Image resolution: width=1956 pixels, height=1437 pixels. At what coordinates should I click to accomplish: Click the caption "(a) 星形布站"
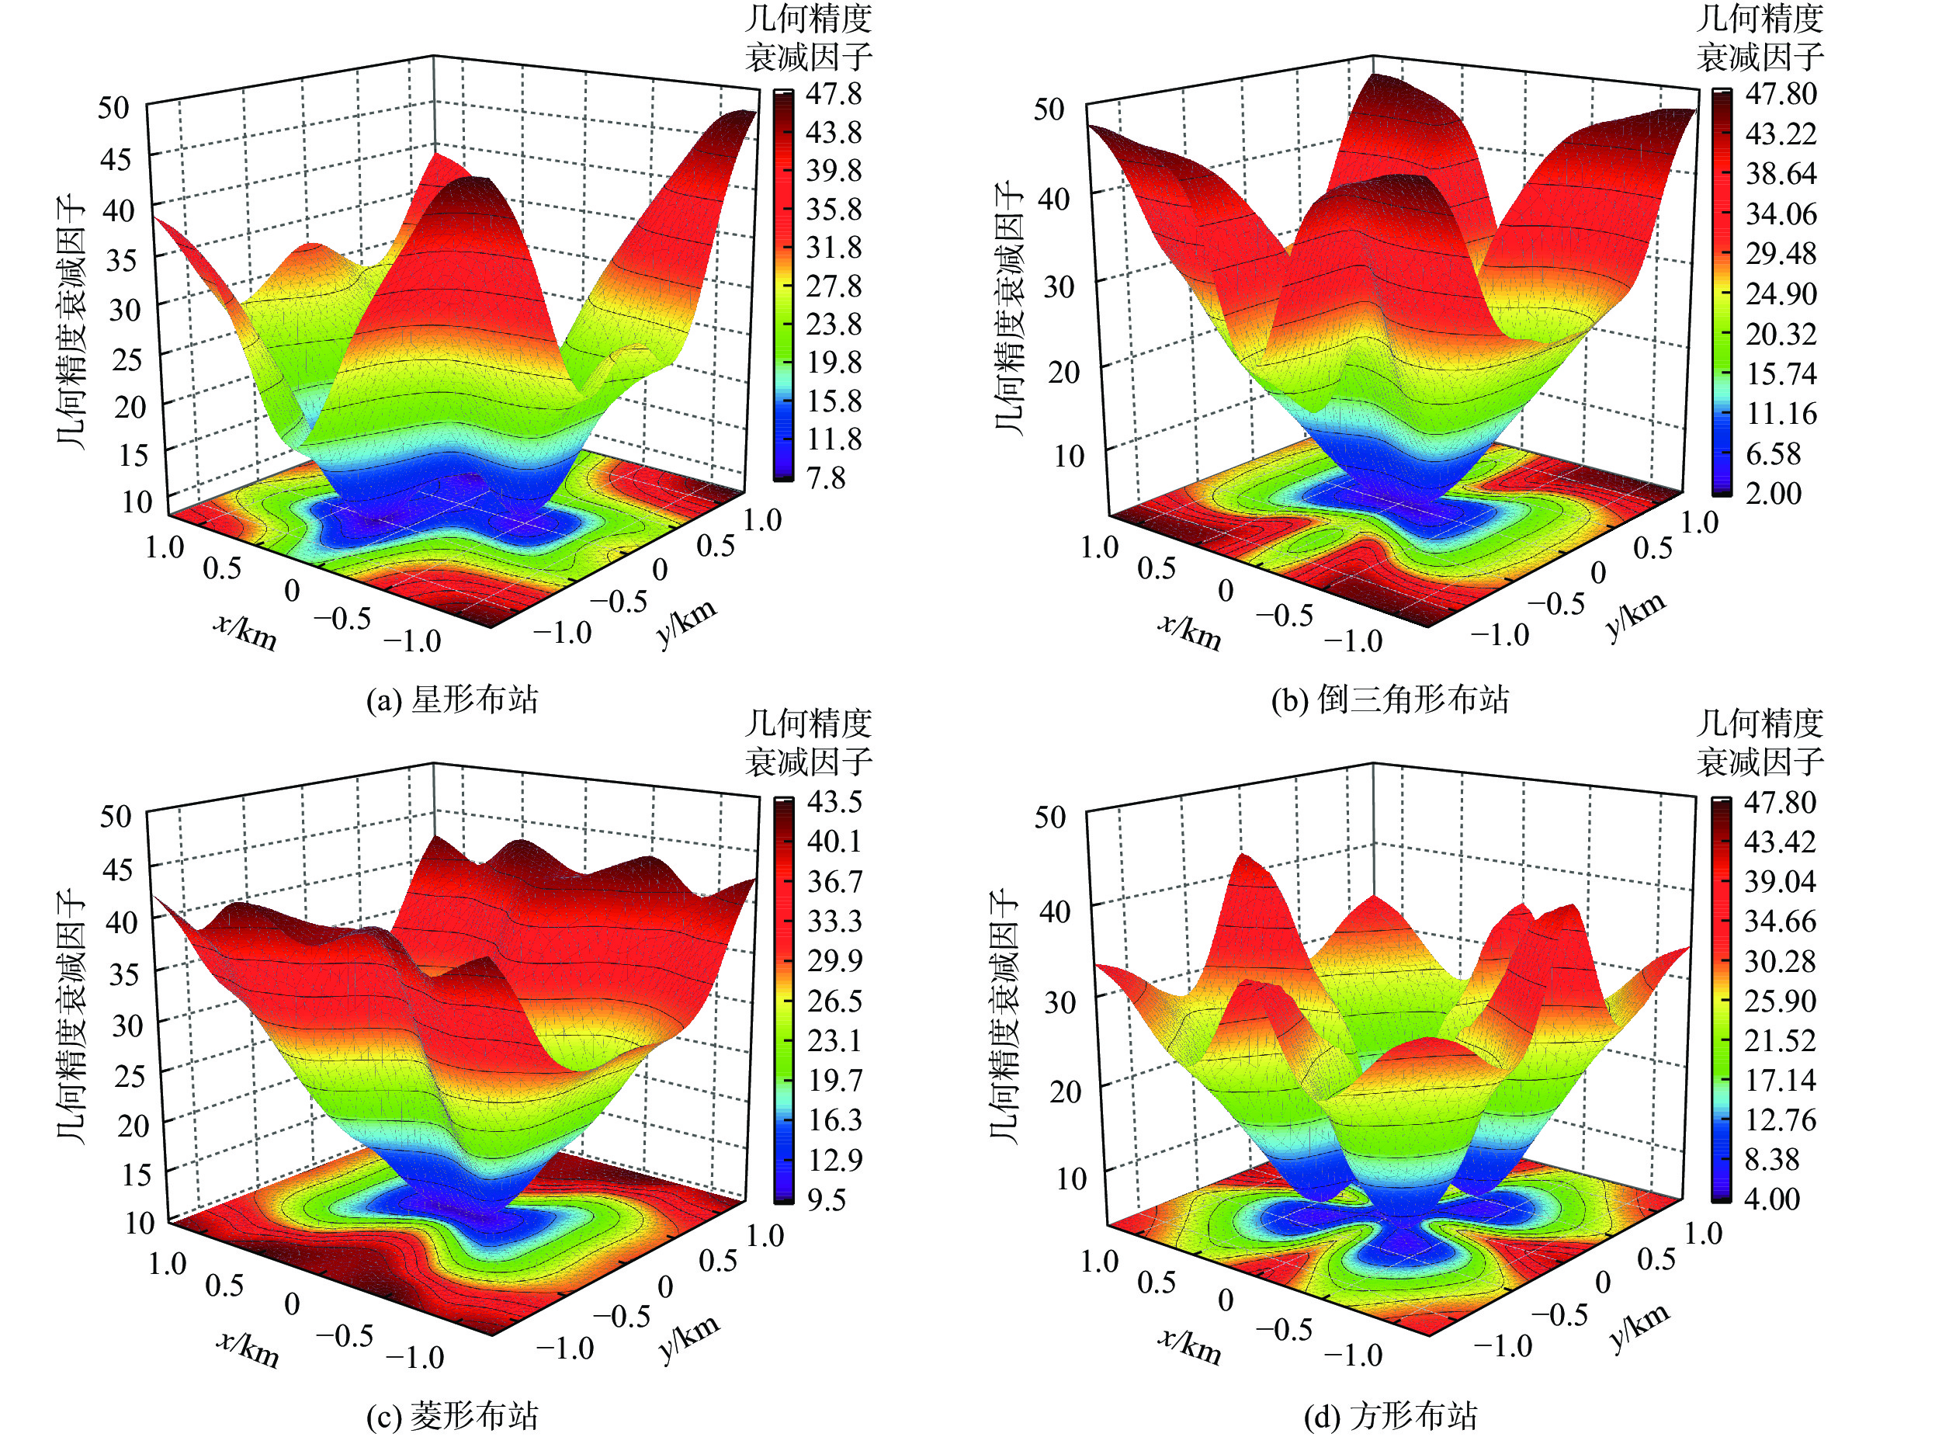(453, 699)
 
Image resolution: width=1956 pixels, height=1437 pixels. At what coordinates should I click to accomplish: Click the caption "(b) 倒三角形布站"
(1390, 699)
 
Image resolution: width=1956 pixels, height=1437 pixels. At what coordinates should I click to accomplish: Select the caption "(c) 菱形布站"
(453, 1416)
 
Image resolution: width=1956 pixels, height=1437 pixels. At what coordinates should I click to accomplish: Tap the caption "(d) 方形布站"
(1390, 1416)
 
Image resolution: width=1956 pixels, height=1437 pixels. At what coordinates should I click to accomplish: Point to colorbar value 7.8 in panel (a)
(825, 477)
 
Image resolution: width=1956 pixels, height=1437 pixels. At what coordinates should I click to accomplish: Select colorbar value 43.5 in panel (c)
(835, 801)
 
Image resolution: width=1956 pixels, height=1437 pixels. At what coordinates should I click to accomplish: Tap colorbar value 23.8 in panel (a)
(833, 325)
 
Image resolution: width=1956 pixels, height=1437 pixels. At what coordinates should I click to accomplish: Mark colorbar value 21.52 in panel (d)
(1780, 1040)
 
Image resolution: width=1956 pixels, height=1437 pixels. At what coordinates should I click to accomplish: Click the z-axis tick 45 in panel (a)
(115, 160)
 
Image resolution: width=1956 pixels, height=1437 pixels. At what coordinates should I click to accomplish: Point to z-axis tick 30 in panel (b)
(1058, 286)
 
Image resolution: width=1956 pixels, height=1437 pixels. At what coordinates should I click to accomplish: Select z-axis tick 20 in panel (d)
(1064, 1091)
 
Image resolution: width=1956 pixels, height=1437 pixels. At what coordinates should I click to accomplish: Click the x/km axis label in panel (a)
(245, 631)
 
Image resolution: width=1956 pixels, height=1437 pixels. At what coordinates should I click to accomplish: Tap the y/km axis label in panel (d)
(1639, 1328)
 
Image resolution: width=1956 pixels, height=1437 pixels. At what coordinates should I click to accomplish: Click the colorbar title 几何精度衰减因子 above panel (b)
(1760, 38)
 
